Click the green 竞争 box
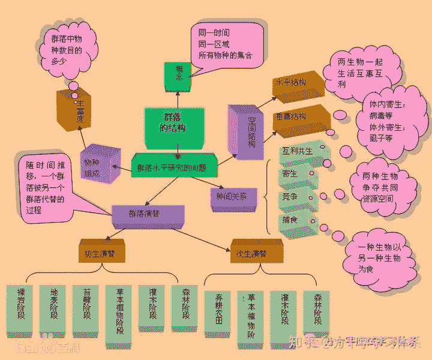click(296, 197)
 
